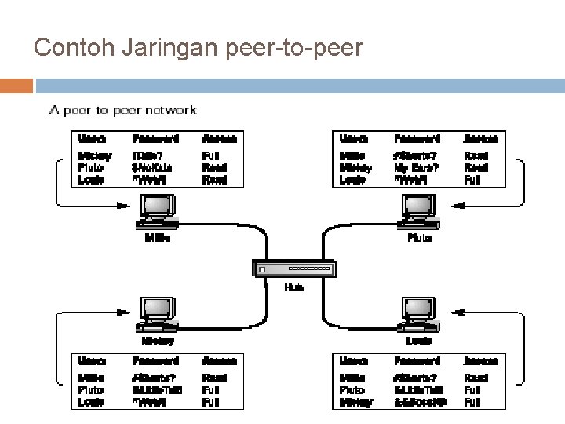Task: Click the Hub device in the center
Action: tap(294, 269)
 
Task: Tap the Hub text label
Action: tap(294, 287)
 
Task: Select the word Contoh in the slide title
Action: tap(67, 48)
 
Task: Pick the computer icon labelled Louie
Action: tap(420, 314)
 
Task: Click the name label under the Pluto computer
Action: tap(419, 237)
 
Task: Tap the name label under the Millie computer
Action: tap(158, 237)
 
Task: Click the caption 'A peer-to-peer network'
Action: tap(123, 111)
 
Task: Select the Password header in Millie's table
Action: tap(155, 138)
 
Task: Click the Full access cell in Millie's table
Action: tap(210, 155)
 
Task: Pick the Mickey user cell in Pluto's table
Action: tap(356, 167)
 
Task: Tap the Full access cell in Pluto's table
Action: tap(472, 180)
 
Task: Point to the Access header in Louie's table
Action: tap(480, 361)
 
